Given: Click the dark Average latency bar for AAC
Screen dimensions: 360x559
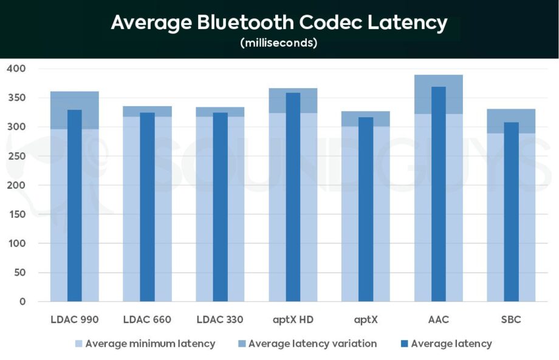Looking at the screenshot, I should click(x=439, y=194).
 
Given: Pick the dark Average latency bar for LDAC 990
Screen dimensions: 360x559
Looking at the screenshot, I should click(x=74, y=206).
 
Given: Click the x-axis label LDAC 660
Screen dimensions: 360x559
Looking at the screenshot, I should click(x=147, y=319).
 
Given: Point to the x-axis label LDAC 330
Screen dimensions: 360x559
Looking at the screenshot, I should click(x=220, y=319).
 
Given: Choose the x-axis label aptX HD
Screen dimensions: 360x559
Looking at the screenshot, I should click(x=293, y=319).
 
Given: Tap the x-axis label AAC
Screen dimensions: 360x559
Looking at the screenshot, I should click(x=439, y=319).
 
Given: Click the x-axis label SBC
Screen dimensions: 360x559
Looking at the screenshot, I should click(x=512, y=319).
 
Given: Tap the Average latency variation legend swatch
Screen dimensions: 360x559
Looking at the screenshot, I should click(x=240, y=344).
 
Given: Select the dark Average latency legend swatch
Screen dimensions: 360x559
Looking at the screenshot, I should click(x=402, y=344).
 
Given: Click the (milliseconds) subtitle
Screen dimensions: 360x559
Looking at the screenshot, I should click(x=279, y=43).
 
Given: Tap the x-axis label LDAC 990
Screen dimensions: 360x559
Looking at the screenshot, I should click(x=74, y=319).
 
